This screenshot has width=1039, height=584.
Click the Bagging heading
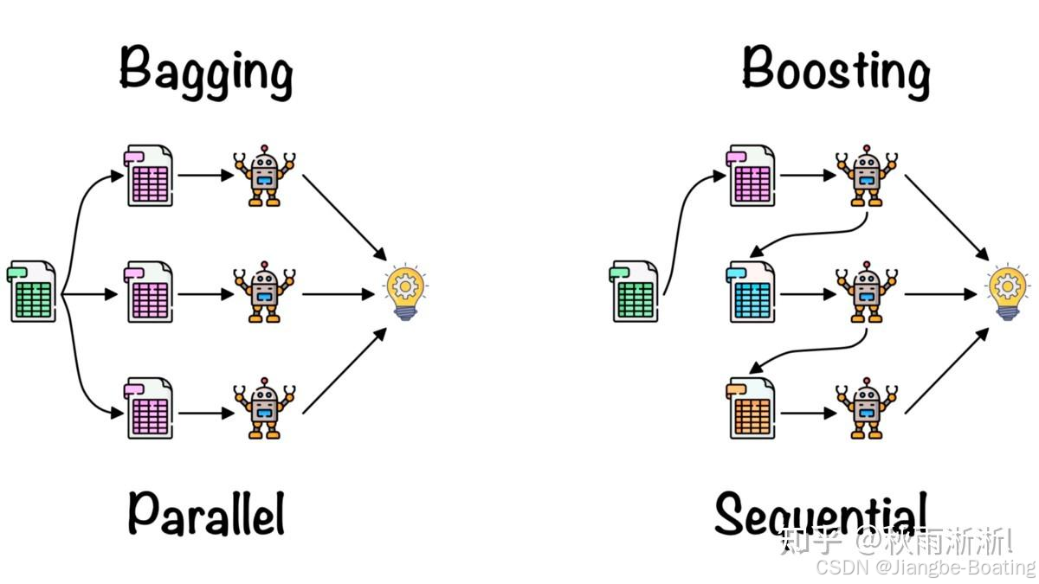pos(206,71)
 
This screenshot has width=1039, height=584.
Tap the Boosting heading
pos(836,71)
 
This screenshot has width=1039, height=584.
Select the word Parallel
pos(206,512)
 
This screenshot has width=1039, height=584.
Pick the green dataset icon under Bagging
pos(33,292)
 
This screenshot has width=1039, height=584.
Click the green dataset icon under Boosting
pos(636,292)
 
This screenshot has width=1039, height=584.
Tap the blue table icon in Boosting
pos(752,292)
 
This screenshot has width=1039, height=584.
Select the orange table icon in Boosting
pos(752,408)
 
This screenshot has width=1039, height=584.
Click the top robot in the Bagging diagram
pos(264,176)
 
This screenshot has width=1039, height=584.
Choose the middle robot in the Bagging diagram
pos(264,292)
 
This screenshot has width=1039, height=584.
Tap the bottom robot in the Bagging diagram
pos(264,409)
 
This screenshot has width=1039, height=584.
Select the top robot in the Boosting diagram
pos(867,176)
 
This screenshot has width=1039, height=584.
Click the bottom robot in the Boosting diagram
pos(867,409)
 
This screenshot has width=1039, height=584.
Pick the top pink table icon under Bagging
pos(150,176)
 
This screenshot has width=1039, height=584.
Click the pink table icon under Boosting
pos(752,176)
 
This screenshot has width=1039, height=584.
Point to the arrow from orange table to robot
pos(807,414)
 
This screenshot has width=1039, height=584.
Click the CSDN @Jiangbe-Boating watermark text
pos(926,568)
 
